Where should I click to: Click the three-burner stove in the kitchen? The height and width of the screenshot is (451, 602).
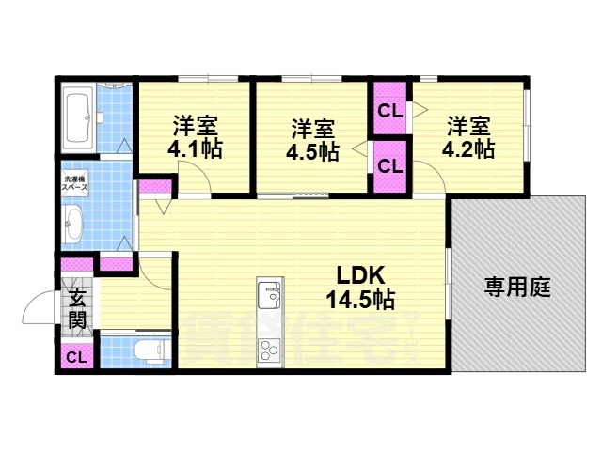(268, 350)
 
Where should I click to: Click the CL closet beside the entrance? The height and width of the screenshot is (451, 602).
(77, 357)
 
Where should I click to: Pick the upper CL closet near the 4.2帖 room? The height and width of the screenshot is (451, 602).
(390, 110)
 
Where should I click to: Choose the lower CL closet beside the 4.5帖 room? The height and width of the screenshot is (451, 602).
(390, 165)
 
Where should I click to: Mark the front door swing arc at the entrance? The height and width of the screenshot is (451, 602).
(38, 306)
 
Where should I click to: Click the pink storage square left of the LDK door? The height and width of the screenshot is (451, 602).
(150, 186)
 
